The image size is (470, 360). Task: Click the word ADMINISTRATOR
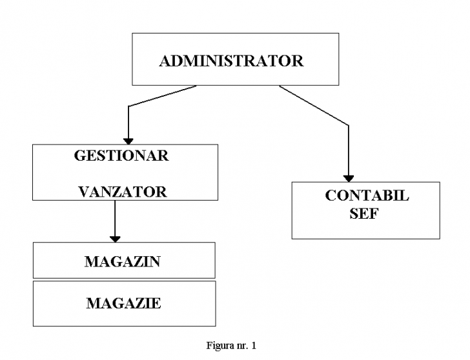pos(231,61)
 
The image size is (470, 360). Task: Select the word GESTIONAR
pos(121,155)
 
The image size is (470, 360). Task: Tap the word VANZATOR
pos(123,192)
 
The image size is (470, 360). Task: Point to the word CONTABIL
pos(367,195)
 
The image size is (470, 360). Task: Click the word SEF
pos(364,214)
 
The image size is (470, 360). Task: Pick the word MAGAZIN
pos(123,261)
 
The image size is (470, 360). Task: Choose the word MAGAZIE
pos(124,303)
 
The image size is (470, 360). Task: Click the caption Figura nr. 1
pos(231,346)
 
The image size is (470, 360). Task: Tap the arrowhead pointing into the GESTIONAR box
pos(128,142)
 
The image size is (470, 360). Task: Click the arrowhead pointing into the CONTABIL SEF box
pos(349,179)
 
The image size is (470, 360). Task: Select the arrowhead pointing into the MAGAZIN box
pos(115,239)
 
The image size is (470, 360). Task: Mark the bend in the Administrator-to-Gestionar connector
pos(128,106)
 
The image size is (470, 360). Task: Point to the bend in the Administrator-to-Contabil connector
pos(349,125)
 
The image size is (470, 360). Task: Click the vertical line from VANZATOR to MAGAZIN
pos(115,218)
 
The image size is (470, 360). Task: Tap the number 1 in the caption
pos(254,346)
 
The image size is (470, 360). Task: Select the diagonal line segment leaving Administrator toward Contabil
pos(314,105)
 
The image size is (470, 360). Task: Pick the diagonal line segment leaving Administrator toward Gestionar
pos(163,96)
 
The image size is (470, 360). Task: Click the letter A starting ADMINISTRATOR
pos(165,61)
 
